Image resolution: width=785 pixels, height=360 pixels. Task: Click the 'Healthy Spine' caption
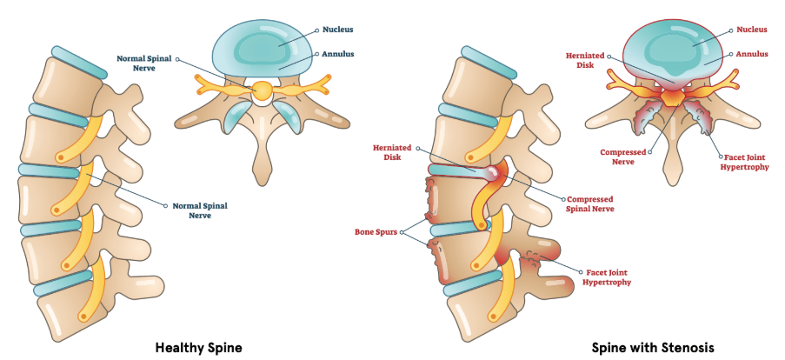198,347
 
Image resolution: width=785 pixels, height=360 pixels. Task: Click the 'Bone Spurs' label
376,232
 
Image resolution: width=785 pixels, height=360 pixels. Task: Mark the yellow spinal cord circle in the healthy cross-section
263,89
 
